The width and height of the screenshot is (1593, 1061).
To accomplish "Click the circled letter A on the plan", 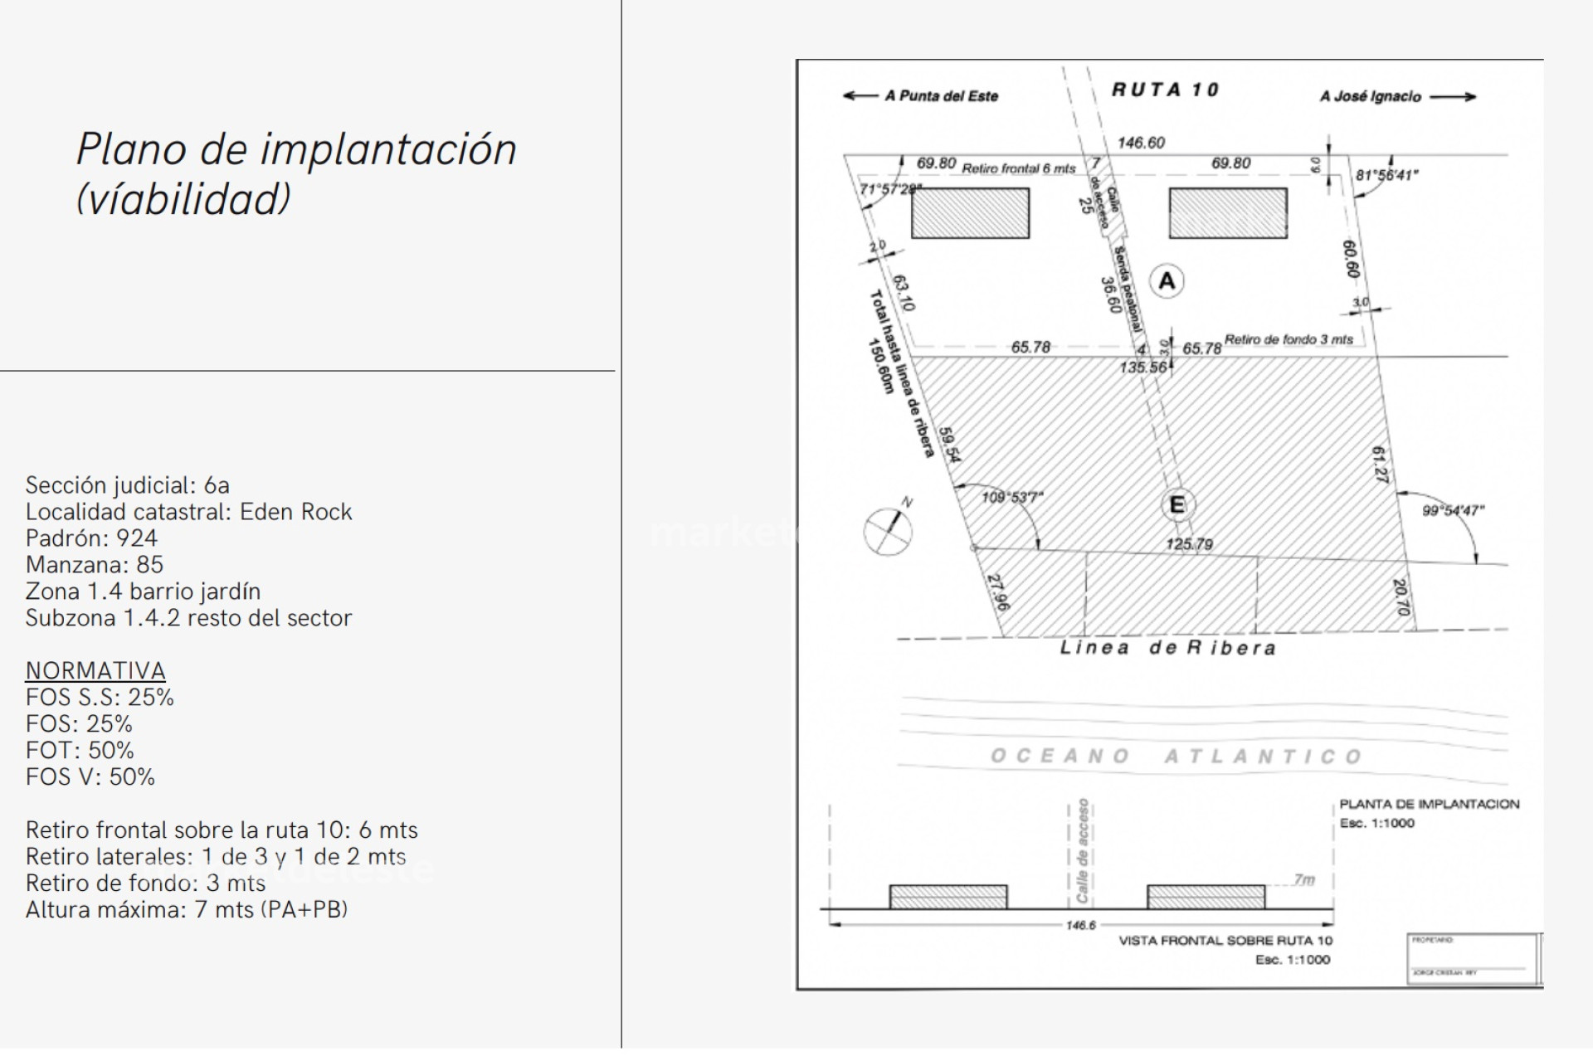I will [x=1167, y=281].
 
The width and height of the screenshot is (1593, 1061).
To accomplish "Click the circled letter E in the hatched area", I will [x=1176, y=504].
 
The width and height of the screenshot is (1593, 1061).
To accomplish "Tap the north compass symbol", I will [x=888, y=529].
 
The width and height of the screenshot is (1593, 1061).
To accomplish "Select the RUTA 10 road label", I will [x=1165, y=90].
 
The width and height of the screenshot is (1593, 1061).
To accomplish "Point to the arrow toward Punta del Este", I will [x=860, y=95].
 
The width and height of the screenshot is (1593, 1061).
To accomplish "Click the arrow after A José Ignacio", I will [x=1453, y=96].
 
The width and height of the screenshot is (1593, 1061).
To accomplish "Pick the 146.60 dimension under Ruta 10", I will [x=1141, y=143].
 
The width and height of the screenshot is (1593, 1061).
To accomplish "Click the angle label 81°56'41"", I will [x=1386, y=175].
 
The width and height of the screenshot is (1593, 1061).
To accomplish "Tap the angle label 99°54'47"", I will [x=1453, y=510].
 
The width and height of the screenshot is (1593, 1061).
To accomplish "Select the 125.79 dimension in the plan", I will [x=1189, y=544].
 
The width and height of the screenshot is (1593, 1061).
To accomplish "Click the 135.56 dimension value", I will [x=1142, y=367].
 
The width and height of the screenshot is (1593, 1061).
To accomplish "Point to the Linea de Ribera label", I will [x=1167, y=648].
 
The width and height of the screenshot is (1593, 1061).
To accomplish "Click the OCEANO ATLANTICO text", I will [x=1176, y=756].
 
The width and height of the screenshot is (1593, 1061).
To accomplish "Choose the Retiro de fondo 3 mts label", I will [x=1289, y=339].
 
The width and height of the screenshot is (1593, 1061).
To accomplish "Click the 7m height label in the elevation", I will [x=1303, y=879].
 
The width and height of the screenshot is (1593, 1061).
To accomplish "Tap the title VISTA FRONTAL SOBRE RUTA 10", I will [x=1225, y=940].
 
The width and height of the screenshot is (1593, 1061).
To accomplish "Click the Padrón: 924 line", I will [x=91, y=538].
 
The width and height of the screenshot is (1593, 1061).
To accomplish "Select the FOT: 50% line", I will [x=80, y=751].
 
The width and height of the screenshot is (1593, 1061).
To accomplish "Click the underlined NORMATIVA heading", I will [x=95, y=670].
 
